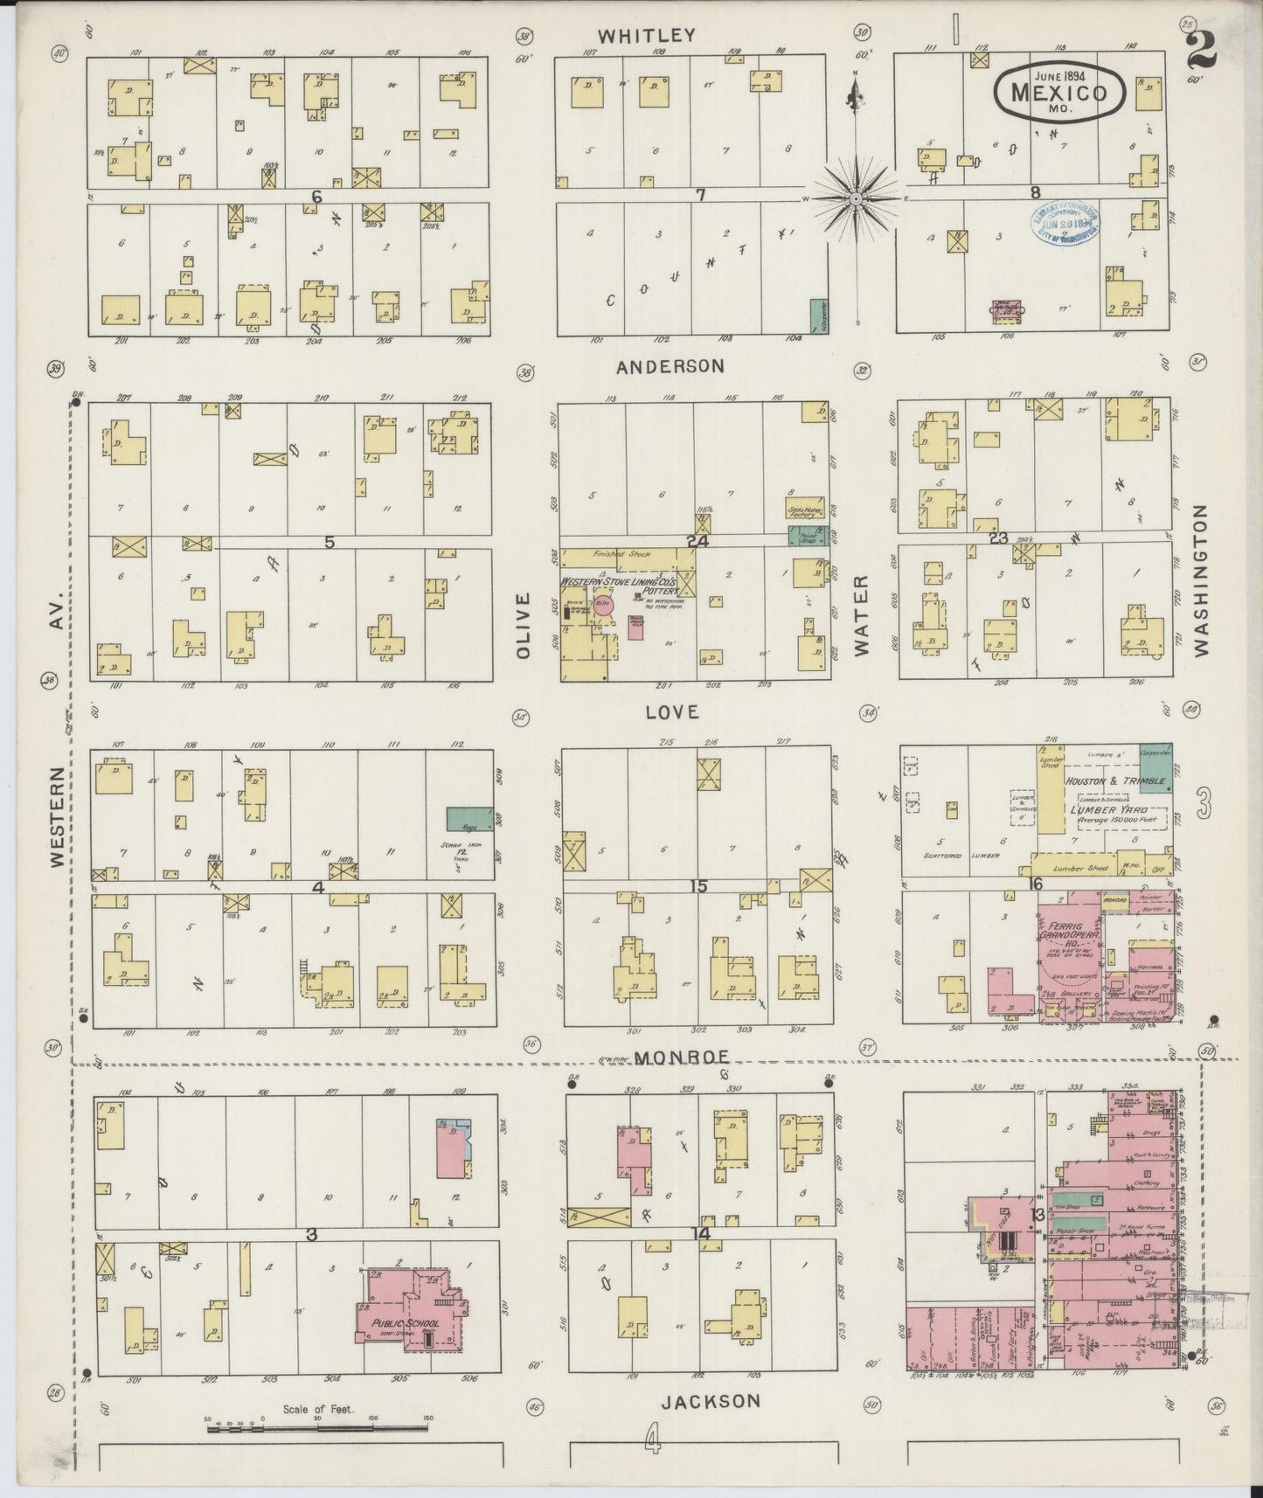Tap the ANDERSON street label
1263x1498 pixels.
(670, 367)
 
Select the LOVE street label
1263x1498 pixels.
(672, 712)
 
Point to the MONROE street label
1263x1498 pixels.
(682, 1057)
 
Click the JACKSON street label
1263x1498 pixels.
(710, 1402)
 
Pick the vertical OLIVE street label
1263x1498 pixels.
(524, 625)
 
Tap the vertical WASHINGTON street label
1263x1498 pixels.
(1199, 579)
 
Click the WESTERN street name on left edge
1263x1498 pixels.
(56, 817)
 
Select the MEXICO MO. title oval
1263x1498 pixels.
(1058, 91)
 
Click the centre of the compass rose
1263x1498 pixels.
(857, 199)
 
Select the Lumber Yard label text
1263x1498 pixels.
(1102, 810)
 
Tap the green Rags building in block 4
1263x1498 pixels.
(469, 819)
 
